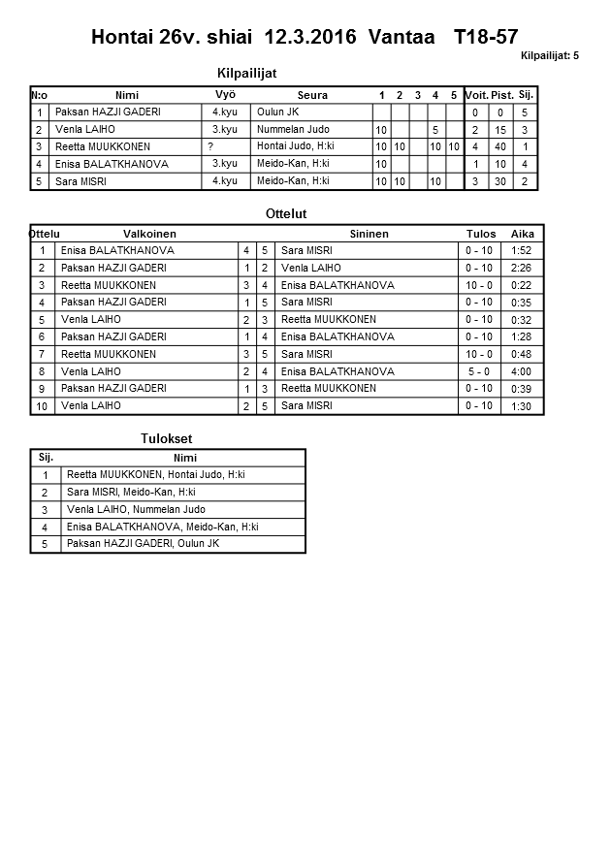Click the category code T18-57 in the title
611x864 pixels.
coord(485,37)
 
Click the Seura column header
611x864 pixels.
coord(312,95)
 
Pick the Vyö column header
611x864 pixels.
coord(225,95)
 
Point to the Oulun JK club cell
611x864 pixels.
coord(278,112)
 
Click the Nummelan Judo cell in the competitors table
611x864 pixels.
coord(287,129)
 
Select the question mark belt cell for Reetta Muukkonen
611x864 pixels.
coord(210,146)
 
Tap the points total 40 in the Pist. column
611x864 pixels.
coord(500,146)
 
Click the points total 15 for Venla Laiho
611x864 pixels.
coord(500,129)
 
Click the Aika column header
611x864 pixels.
coord(523,234)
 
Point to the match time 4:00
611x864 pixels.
coord(522,371)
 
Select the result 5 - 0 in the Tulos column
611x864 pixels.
coord(479,371)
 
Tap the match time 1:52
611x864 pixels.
coord(522,250)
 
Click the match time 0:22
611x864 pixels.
coord(522,285)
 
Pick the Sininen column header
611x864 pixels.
coord(369,234)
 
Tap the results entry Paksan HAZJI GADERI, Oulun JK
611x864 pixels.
coord(143,544)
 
